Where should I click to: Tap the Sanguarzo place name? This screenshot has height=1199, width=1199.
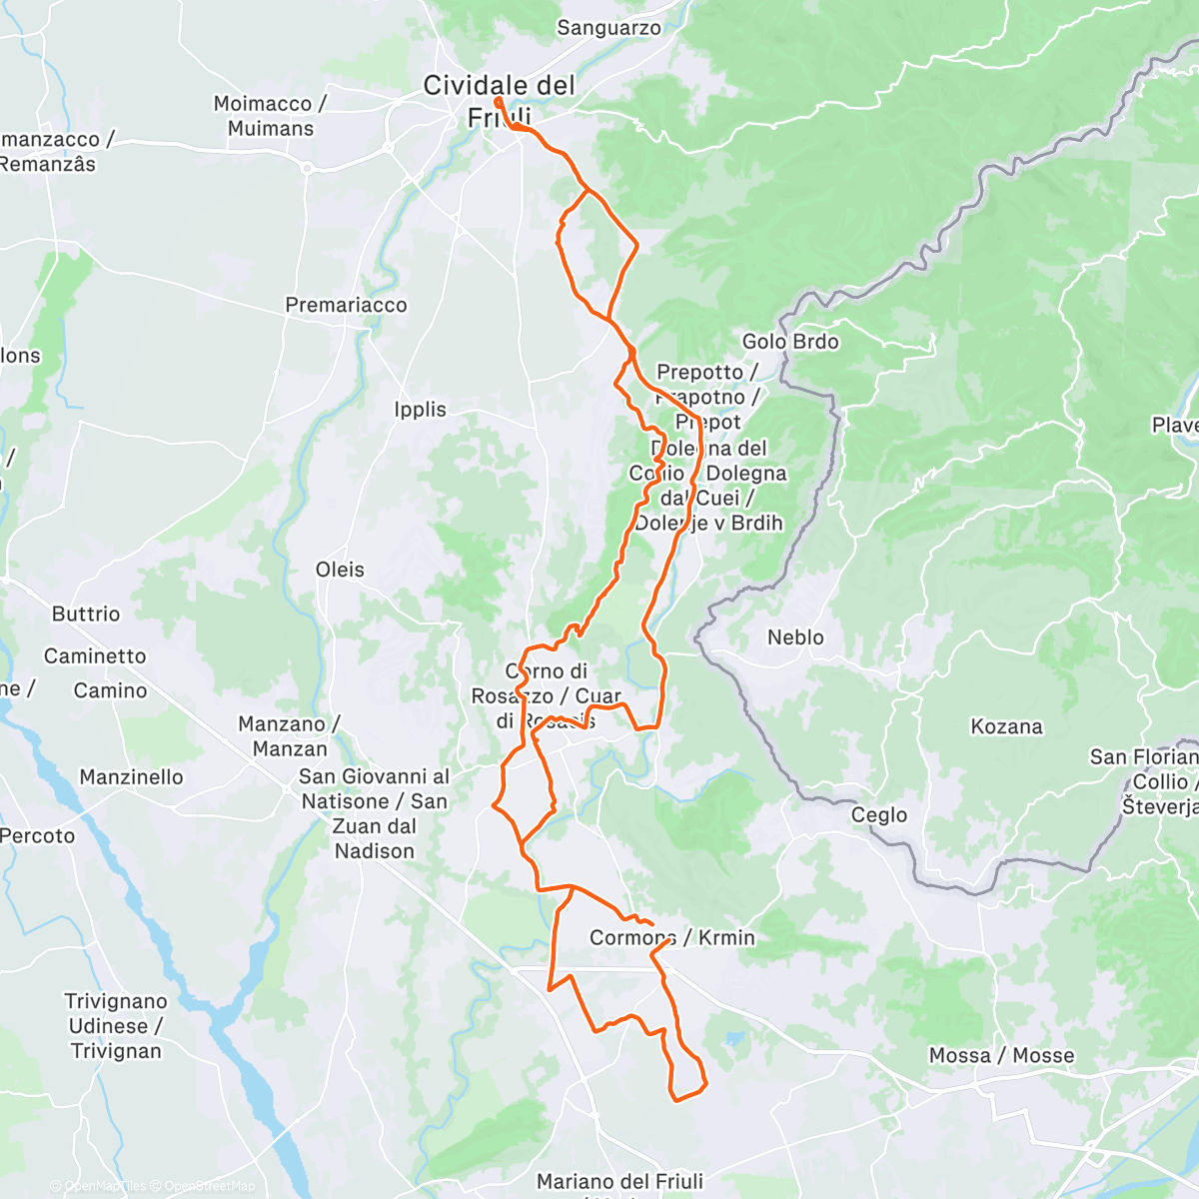pos(608,28)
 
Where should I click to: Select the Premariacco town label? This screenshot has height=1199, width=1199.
pos(346,305)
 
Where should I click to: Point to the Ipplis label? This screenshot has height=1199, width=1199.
pos(420,409)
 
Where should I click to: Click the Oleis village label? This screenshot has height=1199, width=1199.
pos(340,570)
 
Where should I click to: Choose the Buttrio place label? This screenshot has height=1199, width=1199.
pos(86,613)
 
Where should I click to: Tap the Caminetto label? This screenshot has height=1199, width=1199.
pos(95,656)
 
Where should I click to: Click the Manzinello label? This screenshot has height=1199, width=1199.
pos(131,777)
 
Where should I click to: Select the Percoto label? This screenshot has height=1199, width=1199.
pos(38,835)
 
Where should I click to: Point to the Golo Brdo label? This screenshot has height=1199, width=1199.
pos(790,342)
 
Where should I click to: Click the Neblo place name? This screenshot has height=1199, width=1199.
pos(795,637)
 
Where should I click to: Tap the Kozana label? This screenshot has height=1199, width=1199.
pos(1006,726)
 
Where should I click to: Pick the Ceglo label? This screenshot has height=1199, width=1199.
pos(879,815)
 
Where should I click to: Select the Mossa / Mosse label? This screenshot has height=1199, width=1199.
pos(1001,1056)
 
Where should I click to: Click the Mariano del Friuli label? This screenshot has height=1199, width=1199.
pos(619,1181)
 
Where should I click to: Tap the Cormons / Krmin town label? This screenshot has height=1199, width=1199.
pos(671,937)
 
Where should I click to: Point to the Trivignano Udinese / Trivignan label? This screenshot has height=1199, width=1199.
pos(116,1026)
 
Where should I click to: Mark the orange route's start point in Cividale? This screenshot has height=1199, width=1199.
pos(498,101)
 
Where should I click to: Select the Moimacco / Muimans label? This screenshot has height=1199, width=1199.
pos(270,116)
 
